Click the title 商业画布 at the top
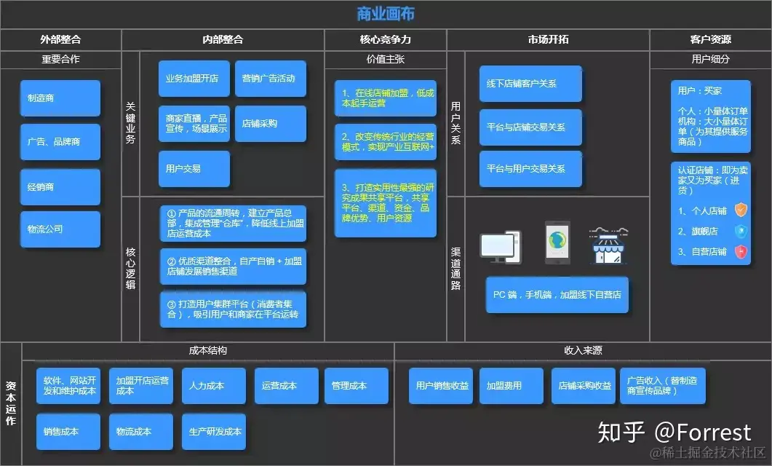pos(386,14)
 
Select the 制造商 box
pos(60,98)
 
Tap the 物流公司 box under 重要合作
pos(60,229)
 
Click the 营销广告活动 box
pos(270,79)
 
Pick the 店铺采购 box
pos(270,124)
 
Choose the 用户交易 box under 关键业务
pos(194,169)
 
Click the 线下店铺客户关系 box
pos(530,84)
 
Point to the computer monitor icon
pos(501,246)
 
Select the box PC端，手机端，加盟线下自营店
pos(557,295)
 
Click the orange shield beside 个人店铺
pos(741,211)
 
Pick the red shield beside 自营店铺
pos(741,252)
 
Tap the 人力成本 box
pos(214,386)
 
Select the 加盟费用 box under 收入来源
pos(511,386)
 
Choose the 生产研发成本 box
pos(214,432)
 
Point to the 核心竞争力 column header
pos(385,40)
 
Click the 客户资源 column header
pos(710,40)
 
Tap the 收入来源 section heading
pos(583,350)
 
